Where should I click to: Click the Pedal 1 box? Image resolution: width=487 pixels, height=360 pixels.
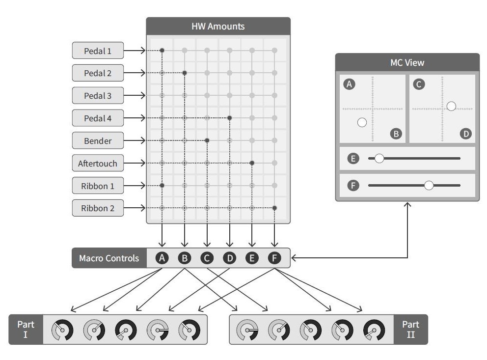tap(98, 50)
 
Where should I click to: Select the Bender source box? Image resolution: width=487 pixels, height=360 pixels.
tap(98, 140)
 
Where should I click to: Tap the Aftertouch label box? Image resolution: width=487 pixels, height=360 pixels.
tap(98, 163)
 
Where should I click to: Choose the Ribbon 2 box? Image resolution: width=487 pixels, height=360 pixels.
tap(98, 208)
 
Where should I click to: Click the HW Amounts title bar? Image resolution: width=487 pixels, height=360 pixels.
tap(218, 26)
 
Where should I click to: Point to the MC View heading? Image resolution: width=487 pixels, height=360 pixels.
tap(407, 62)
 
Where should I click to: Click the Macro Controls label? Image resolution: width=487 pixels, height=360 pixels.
tap(109, 258)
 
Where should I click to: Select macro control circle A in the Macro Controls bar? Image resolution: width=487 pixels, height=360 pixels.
tap(162, 258)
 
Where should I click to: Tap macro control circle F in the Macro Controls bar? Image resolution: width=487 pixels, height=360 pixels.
tap(274, 258)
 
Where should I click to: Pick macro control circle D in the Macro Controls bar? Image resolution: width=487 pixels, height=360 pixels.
tap(229, 258)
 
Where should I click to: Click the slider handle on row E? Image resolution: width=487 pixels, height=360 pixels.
tap(379, 159)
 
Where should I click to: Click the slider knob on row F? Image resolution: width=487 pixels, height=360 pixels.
tap(429, 185)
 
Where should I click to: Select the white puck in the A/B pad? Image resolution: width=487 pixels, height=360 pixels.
tap(362, 123)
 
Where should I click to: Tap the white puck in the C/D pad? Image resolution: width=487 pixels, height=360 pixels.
tap(451, 106)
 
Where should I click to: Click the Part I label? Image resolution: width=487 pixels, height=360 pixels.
tap(26, 330)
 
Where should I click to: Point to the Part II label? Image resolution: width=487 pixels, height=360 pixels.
tap(410, 330)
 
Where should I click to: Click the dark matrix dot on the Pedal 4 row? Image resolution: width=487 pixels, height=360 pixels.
tap(229, 118)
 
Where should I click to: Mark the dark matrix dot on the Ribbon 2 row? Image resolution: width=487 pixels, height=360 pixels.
tap(274, 208)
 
